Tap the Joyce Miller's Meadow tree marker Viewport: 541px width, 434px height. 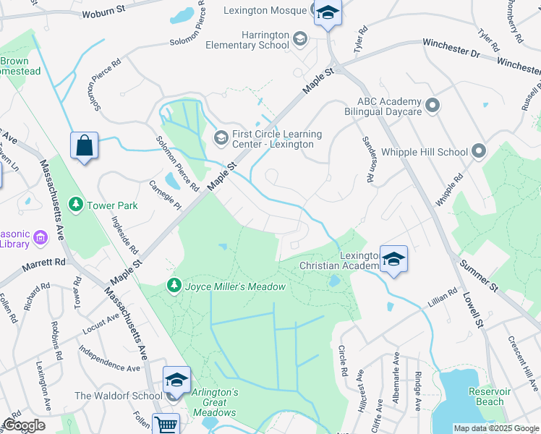coord(174,286)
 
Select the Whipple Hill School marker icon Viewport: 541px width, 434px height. coord(478,152)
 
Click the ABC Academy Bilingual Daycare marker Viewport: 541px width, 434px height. coord(433,106)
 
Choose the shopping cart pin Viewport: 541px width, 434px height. coord(166,425)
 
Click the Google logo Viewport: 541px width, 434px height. coord(24,425)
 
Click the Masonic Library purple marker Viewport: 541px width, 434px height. coord(39,237)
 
